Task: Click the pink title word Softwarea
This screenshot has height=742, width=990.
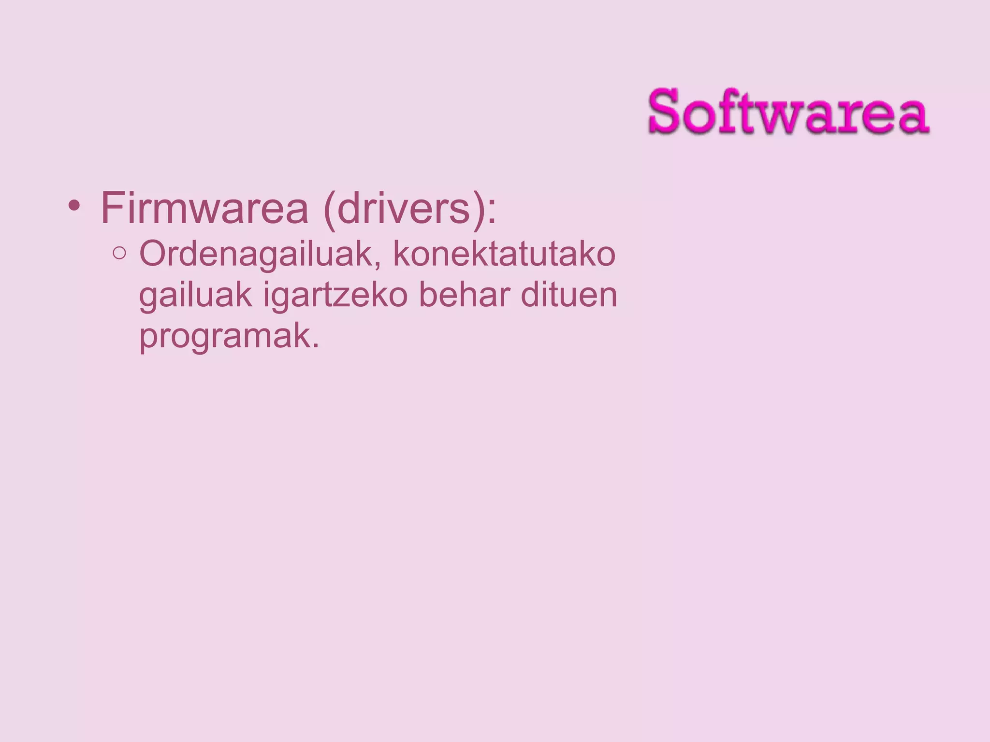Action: [x=788, y=111]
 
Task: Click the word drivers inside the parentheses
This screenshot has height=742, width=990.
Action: [x=403, y=209]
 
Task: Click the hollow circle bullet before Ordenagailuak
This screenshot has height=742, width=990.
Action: [x=119, y=253]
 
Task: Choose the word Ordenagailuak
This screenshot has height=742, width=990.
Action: [x=256, y=254]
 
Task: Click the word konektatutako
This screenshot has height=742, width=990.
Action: [x=504, y=254]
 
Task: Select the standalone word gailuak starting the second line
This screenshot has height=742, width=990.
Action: [x=195, y=296]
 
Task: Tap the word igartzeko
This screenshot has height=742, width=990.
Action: [x=335, y=296]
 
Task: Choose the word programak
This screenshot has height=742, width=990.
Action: [x=224, y=337]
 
